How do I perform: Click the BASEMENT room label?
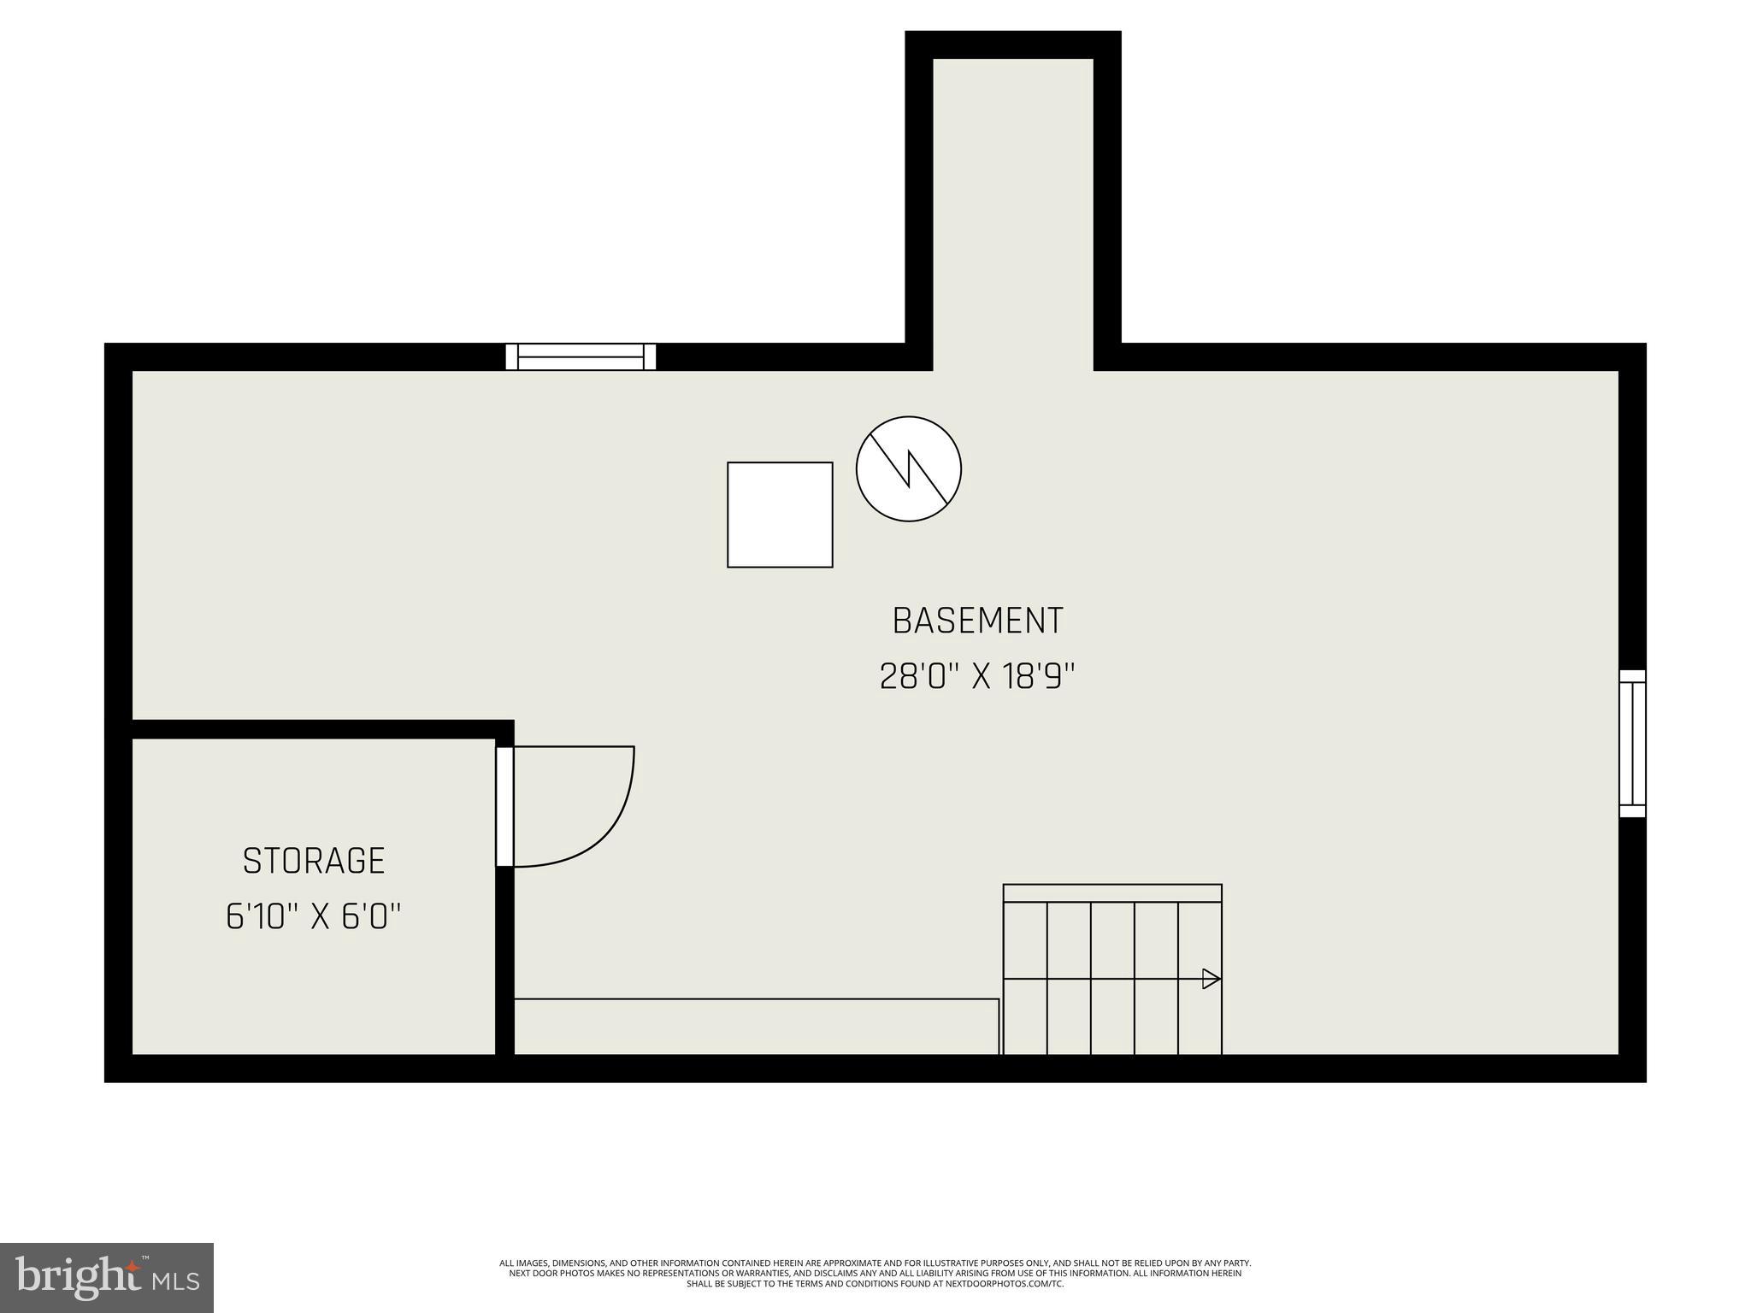click(977, 621)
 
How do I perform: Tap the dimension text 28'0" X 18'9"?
click(976, 677)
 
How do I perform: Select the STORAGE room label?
click(314, 861)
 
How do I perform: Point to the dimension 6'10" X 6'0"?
click(314, 917)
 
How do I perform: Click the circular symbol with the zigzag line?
click(909, 469)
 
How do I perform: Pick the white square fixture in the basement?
click(780, 515)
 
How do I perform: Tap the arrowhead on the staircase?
click(1211, 979)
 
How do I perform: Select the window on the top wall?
click(581, 356)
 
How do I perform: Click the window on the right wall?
click(1632, 744)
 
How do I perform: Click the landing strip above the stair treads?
click(1111, 893)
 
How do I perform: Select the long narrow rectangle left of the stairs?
click(756, 1026)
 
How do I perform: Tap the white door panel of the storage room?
click(504, 807)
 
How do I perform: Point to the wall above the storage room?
click(322, 729)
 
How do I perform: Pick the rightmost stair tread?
click(1200, 1017)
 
